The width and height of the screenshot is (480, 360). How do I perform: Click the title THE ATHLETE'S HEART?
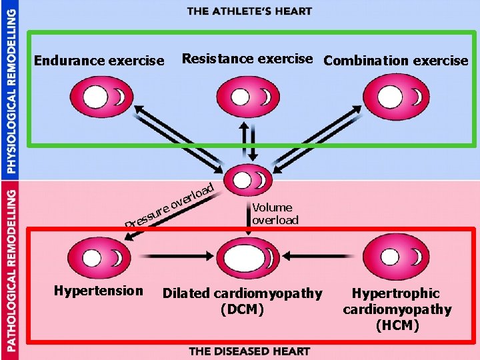(x=249, y=11)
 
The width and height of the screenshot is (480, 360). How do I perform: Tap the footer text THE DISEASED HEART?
(x=249, y=351)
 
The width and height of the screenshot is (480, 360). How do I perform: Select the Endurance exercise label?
(x=99, y=61)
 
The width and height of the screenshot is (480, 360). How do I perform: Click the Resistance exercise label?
(x=247, y=59)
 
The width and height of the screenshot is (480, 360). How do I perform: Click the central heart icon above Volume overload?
(x=248, y=181)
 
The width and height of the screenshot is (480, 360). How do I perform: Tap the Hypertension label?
(x=99, y=291)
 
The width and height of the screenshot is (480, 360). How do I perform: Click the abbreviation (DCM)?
(x=241, y=309)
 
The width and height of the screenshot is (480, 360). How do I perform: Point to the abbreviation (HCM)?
(x=397, y=325)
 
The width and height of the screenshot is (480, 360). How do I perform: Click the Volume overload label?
(x=275, y=214)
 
